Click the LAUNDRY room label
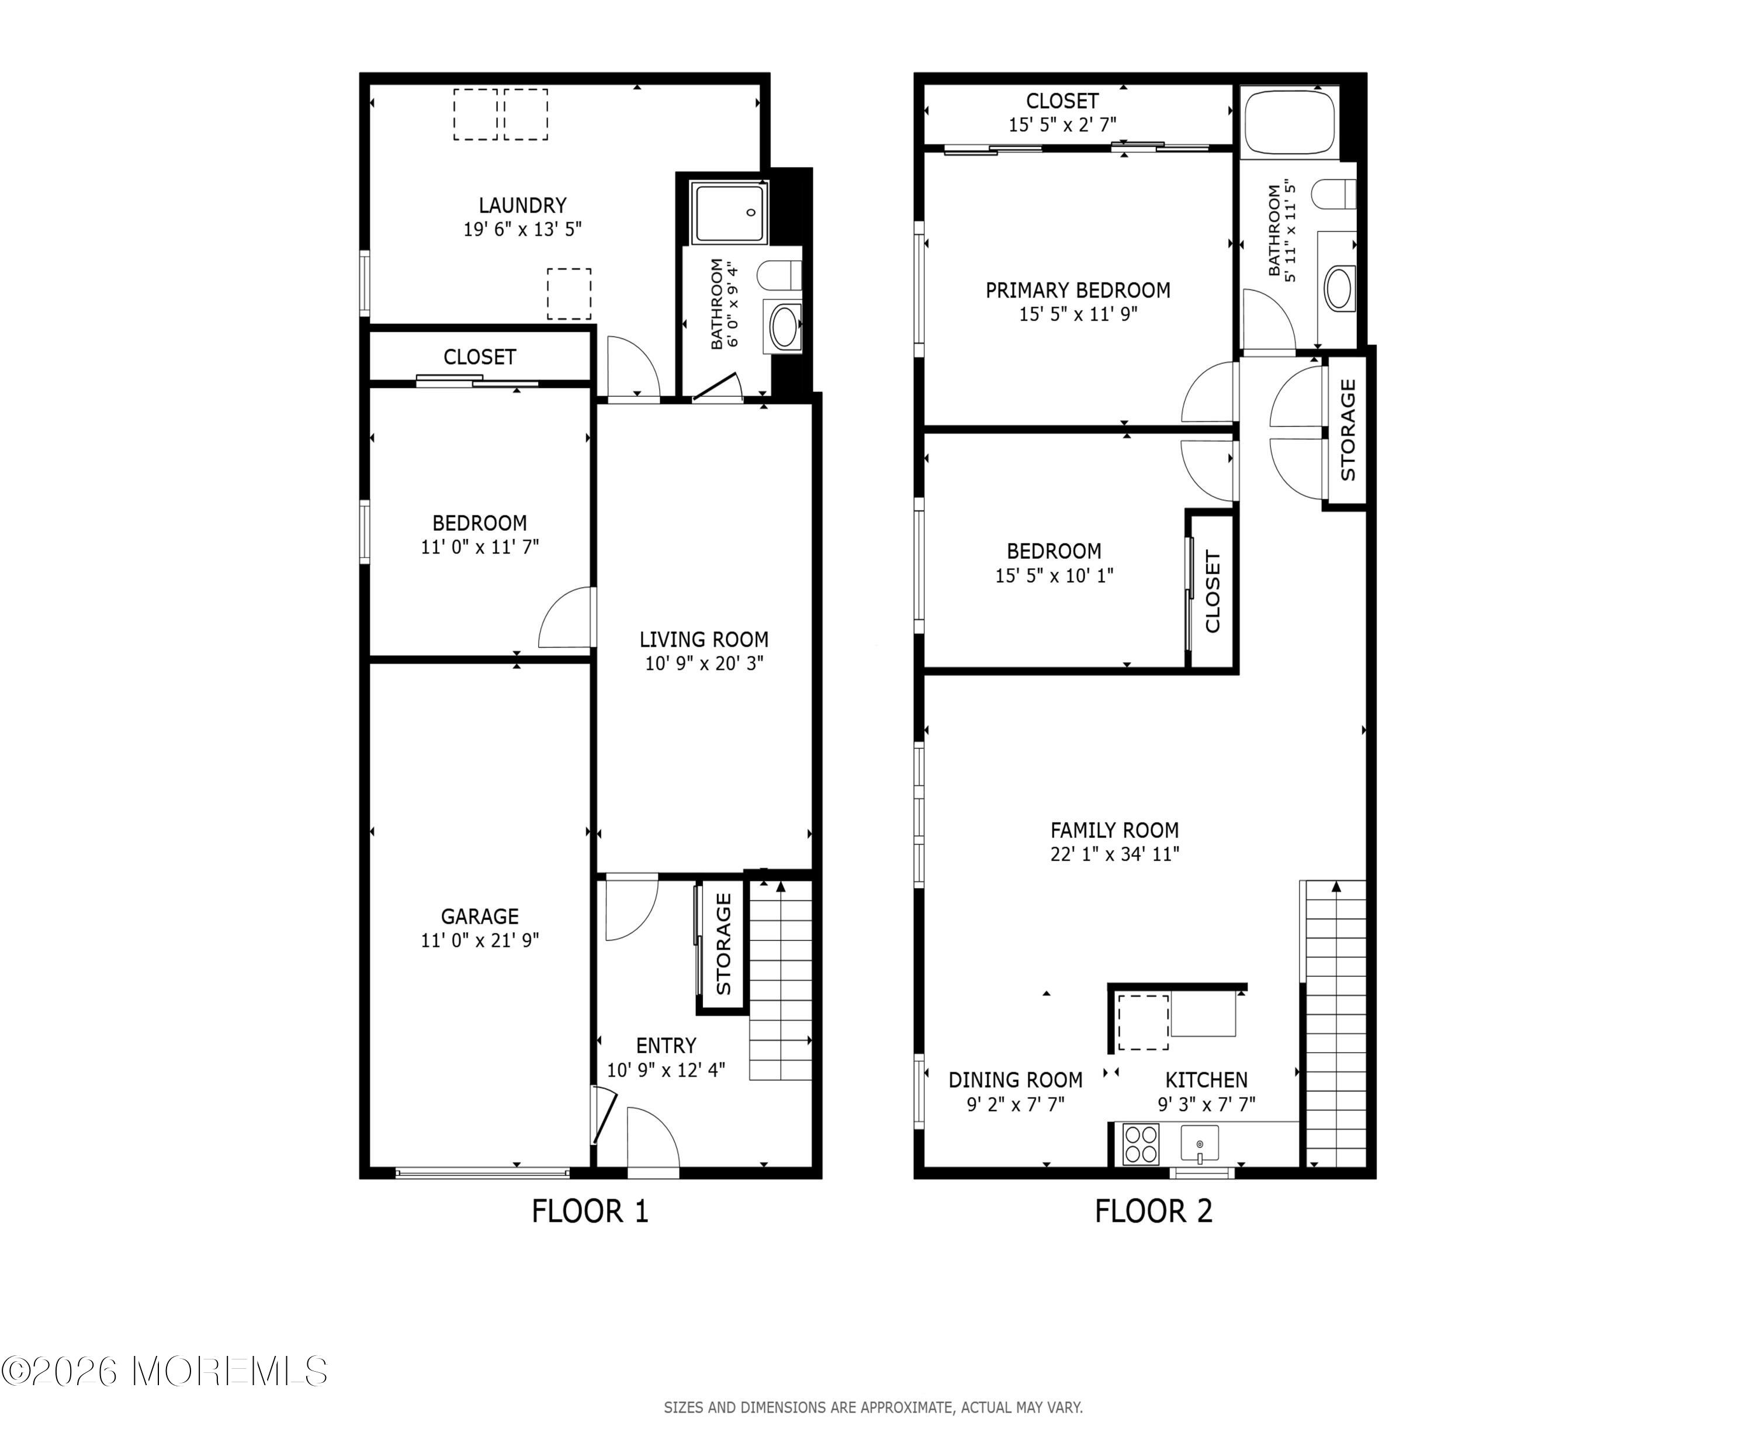click(x=522, y=205)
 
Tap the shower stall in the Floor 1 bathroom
click(x=730, y=213)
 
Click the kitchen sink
click(x=1199, y=1144)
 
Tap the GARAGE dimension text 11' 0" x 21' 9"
click(x=480, y=940)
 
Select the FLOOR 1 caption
click(x=590, y=1211)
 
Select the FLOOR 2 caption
click(x=1153, y=1211)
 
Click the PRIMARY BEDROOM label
click(x=1078, y=290)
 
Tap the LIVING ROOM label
click(x=704, y=639)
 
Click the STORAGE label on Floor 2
click(x=1348, y=430)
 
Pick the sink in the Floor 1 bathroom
click(x=783, y=327)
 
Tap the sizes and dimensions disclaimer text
click(x=873, y=1407)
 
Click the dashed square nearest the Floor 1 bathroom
click(x=569, y=293)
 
